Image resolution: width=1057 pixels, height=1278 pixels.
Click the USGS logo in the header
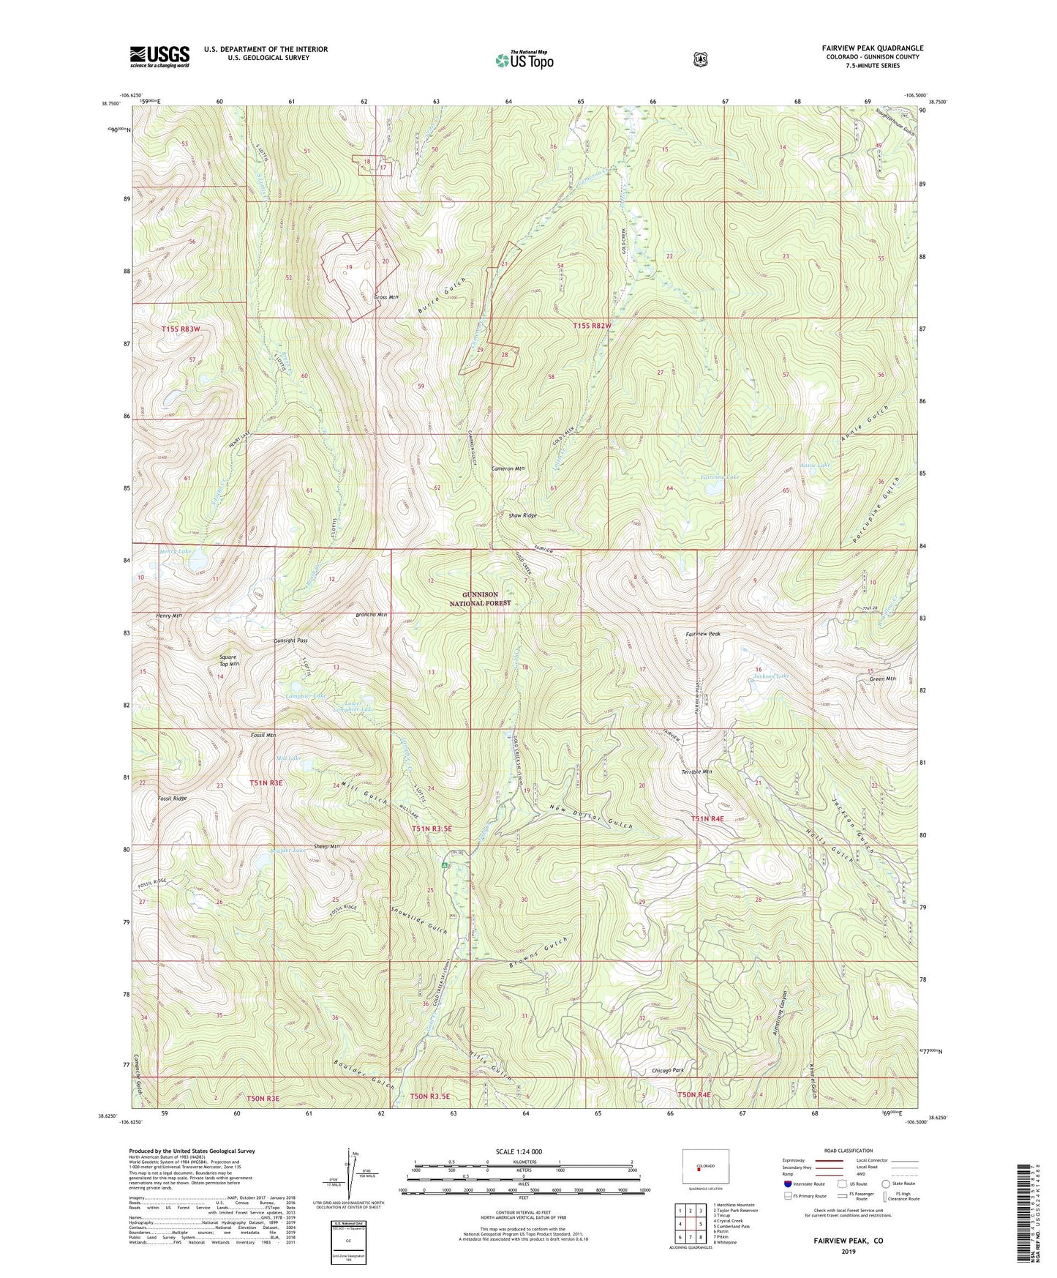159,56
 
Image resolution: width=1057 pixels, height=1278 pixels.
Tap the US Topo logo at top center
524,59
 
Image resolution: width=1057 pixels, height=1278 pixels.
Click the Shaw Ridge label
522,515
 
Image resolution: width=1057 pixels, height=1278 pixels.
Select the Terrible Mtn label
696,771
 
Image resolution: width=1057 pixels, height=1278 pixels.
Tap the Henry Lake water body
196,563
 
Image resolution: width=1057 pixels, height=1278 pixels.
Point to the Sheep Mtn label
326,846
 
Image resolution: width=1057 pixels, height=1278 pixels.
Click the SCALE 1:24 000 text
519,1151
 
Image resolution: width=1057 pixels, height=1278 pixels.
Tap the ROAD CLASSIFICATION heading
848,1151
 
